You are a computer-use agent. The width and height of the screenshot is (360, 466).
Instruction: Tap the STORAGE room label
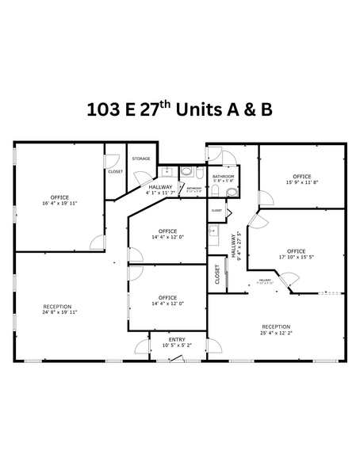coord(141,159)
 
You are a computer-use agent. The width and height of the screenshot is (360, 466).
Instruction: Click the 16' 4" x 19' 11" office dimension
coord(59,203)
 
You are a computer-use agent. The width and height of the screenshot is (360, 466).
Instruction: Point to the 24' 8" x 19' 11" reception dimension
coord(58,312)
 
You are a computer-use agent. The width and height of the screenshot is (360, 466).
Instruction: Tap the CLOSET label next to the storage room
coord(115,171)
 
